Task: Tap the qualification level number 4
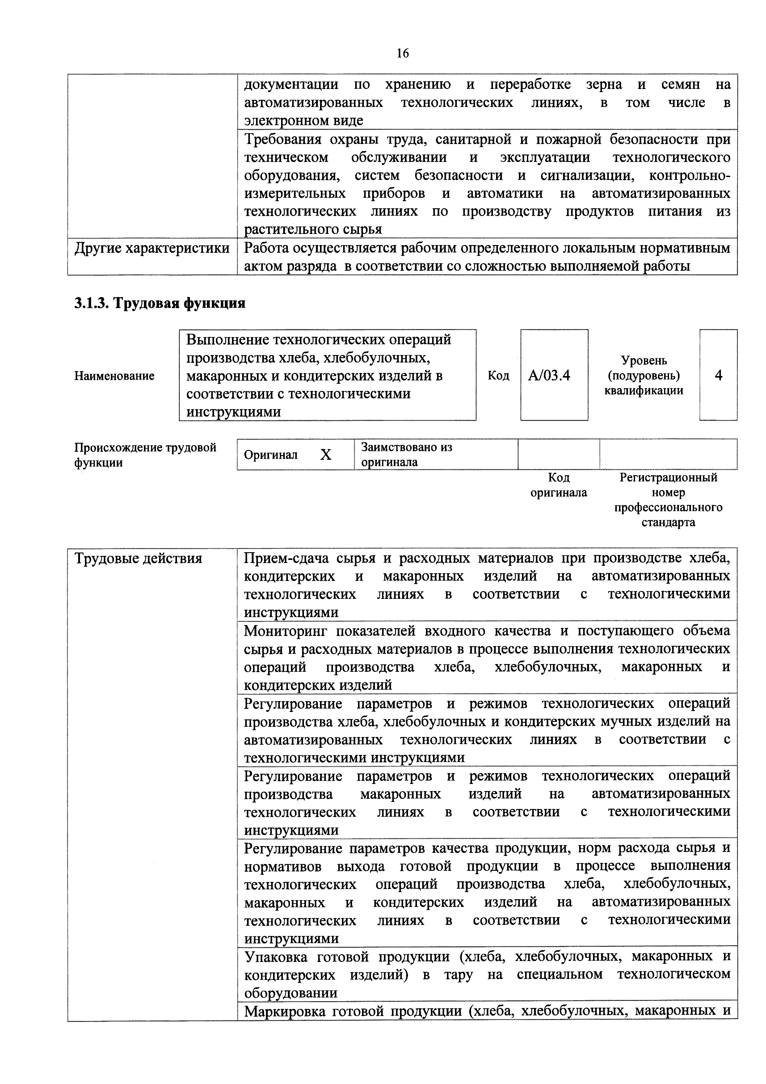pyautogui.click(x=718, y=375)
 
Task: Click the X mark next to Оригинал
pyautogui.click(x=326, y=455)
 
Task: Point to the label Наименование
pyautogui.click(x=114, y=376)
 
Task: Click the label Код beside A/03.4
pyautogui.click(x=499, y=376)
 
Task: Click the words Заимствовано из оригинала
pyautogui.click(x=406, y=454)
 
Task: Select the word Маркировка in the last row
pyautogui.click(x=285, y=1011)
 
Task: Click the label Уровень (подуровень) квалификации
pyautogui.click(x=643, y=376)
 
